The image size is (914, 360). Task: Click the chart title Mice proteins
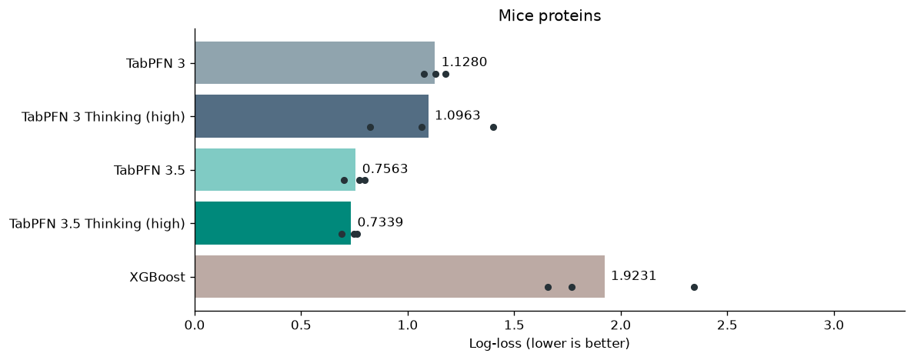549,15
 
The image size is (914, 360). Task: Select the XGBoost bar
399,277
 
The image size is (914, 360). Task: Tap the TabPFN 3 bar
315,63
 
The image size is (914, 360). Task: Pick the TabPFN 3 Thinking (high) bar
312,116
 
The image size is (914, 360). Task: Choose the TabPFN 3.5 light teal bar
275,169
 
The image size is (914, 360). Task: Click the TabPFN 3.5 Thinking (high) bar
273,223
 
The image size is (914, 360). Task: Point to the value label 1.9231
634,276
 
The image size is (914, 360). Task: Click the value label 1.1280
464,62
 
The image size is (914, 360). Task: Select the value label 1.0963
458,115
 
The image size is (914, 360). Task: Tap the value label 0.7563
385,169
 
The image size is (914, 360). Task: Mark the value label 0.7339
380,222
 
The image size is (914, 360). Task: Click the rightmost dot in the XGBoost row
694,287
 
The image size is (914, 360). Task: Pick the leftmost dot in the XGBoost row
548,287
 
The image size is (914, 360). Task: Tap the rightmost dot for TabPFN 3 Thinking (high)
493,127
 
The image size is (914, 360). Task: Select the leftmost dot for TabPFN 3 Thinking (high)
370,127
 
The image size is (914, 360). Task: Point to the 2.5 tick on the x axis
728,315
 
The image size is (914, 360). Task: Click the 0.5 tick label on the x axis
302,325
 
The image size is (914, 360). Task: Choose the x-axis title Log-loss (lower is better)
549,344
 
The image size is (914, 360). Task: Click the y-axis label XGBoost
158,277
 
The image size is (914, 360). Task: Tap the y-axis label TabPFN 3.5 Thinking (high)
97,224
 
